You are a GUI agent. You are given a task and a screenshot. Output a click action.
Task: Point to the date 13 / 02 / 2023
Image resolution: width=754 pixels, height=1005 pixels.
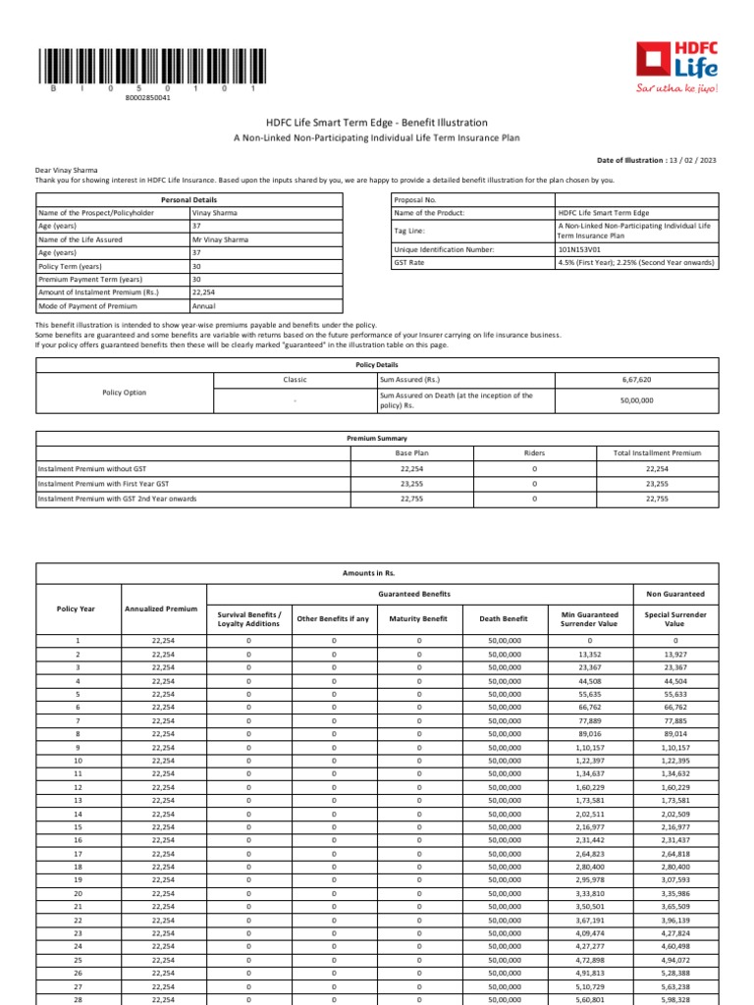click(693, 159)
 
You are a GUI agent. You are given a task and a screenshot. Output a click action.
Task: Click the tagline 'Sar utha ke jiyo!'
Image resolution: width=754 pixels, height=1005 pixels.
click(677, 89)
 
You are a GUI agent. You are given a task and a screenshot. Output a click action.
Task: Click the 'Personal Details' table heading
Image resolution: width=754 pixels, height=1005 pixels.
click(189, 199)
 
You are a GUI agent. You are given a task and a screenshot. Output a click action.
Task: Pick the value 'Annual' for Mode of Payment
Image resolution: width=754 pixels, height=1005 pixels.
click(204, 306)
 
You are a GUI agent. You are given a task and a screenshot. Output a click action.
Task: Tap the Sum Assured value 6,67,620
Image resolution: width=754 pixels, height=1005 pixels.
click(637, 378)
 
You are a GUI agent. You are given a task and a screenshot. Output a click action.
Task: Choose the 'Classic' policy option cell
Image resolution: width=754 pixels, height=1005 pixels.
click(295, 378)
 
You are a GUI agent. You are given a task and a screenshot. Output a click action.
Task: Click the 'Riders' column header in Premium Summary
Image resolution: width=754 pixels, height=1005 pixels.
click(534, 453)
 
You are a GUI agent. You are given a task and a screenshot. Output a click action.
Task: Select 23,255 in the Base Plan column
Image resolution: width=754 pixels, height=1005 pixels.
click(411, 484)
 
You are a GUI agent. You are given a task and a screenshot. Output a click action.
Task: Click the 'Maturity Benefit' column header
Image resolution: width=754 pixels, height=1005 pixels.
click(419, 619)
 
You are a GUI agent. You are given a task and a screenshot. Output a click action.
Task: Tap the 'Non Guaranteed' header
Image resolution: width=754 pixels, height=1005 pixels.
click(674, 594)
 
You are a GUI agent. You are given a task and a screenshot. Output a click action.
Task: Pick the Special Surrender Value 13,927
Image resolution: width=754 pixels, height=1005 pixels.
click(675, 654)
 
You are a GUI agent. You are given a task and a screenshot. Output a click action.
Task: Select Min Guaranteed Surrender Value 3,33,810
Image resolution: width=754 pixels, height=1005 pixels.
click(589, 894)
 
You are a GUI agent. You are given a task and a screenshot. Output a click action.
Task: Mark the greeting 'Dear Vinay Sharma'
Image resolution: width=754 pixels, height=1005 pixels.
click(67, 170)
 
